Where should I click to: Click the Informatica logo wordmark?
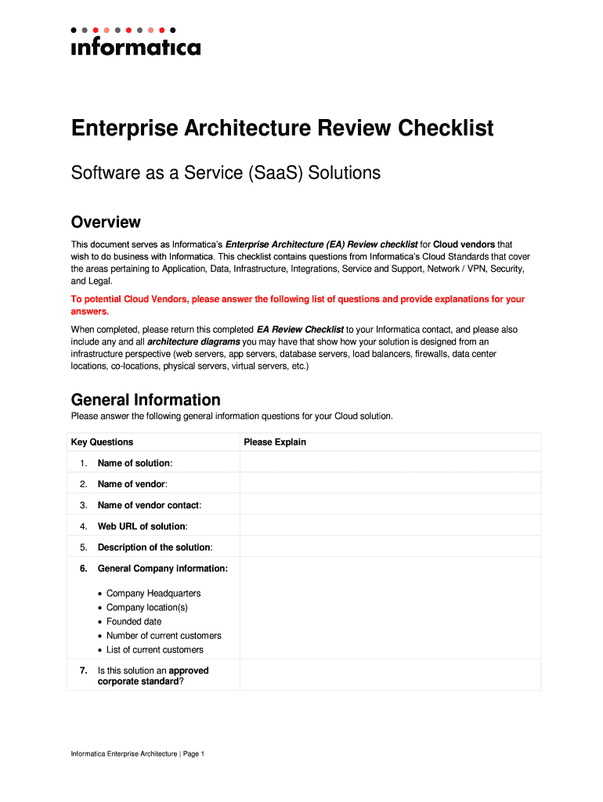135,47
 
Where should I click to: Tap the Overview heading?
106,222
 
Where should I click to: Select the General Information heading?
146,399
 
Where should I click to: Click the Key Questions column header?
102,443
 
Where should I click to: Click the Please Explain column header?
274,443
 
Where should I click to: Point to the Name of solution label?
134,464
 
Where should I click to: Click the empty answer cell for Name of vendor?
389,484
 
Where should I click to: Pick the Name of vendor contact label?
149,505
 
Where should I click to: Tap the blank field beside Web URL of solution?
389,526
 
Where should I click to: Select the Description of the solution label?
154,547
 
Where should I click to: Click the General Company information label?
162,569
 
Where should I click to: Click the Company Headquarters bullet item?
153,594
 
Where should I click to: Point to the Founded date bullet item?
134,622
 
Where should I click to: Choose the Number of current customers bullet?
164,636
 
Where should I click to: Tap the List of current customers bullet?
154,650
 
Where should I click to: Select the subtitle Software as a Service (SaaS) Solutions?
226,172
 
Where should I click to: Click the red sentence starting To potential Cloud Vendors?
298,305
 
